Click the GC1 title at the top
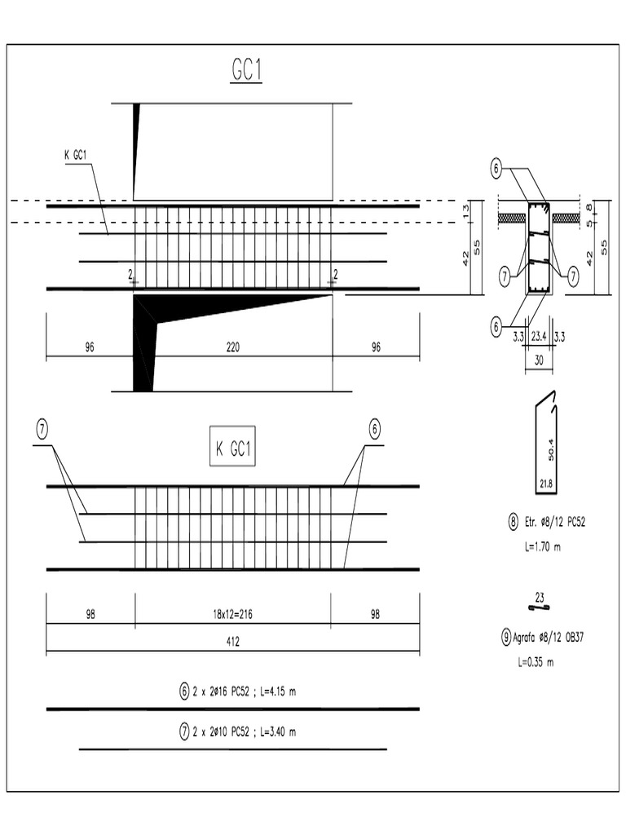click(x=247, y=71)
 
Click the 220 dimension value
click(x=232, y=347)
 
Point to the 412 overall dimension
click(x=232, y=641)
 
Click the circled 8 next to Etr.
click(x=514, y=522)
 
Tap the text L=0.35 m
click(x=536, y=662)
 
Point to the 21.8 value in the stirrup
click(x=545, y=484)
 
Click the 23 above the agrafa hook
click(x=540, y=595)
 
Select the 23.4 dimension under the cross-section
click(x=539, y=335)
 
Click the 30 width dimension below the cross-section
click(x=538, y=358)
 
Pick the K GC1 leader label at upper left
click(x=77, y=155)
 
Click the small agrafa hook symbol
click(x=539, y=607)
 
